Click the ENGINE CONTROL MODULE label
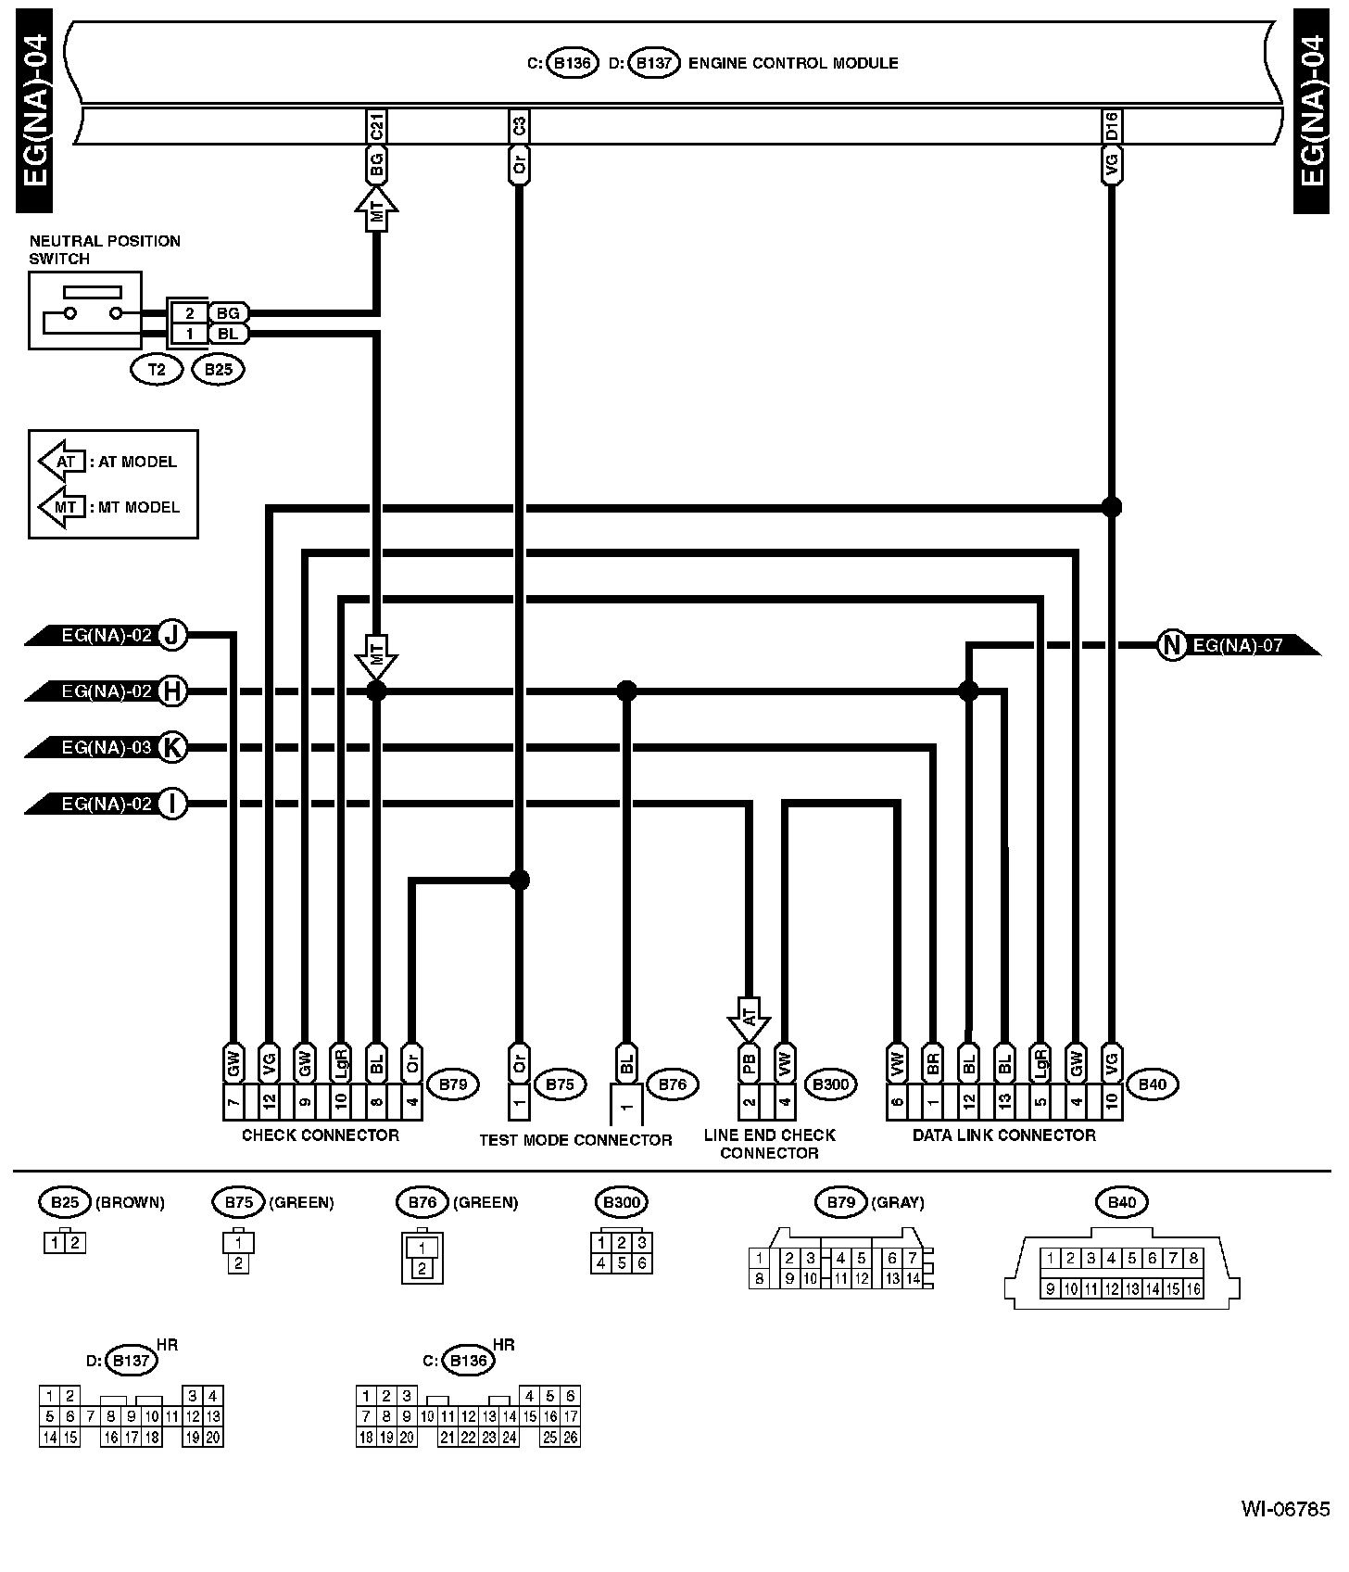(793, 64)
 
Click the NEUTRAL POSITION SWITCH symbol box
(85, 310)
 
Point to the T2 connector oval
(157, 370)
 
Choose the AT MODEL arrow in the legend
(62, 462)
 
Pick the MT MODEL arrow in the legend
(62, 507)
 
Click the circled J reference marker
(172, 636)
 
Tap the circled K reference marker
(172, 747)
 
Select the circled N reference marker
(1172, 645)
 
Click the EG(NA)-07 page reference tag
(1238, 645)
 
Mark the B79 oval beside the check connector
(453, 1084)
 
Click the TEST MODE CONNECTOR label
(575, 1140)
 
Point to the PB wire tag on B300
(749, 1062)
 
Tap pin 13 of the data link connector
(1003, 1102)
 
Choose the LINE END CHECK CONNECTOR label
(769, 1144)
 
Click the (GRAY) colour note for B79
(898, 1202)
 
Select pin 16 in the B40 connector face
(1193, 1288)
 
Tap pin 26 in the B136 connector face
(571, 1438)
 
